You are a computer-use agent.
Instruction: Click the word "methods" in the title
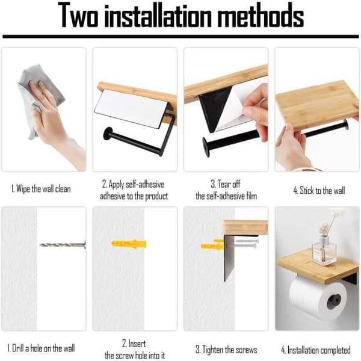pos(260,16)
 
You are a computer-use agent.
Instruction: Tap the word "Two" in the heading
pos(78,16)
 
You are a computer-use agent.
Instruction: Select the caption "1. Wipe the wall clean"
pos(41,190)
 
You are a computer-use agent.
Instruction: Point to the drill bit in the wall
pos(63,244)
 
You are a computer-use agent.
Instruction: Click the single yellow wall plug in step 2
pos(129,244)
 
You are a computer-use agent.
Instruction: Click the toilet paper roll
pos(318,298)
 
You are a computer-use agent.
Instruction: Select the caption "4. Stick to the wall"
pos(319,191)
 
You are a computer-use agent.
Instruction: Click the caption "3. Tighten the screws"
pos(226,350)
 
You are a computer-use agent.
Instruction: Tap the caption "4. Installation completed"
pos(316,350)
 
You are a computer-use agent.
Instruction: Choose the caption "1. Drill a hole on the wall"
pos(41,348)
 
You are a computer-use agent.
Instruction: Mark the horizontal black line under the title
pos(180,36)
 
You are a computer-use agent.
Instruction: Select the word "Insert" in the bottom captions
pos(137,344)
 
